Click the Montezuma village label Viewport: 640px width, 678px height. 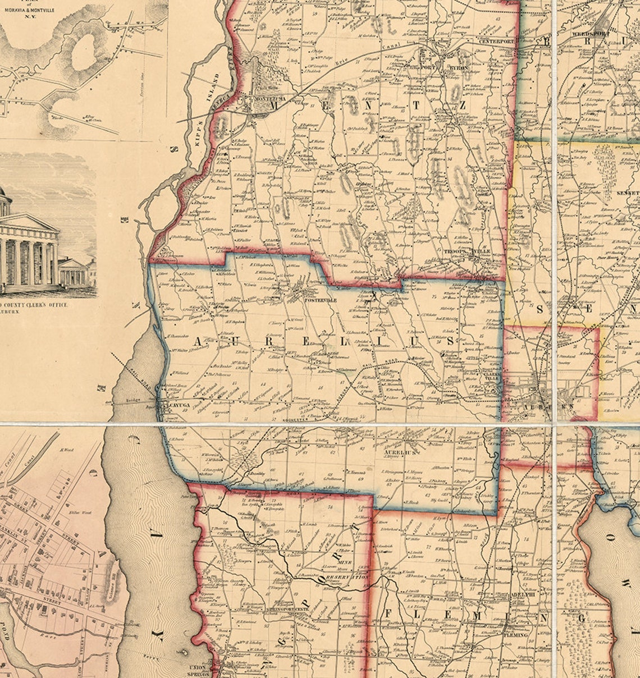[x=270, y=99]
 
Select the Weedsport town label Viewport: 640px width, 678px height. [x=586, y=34]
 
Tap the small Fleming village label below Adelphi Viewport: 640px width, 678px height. [x=515, y=635]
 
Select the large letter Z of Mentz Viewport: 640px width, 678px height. [x=461, y=105]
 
